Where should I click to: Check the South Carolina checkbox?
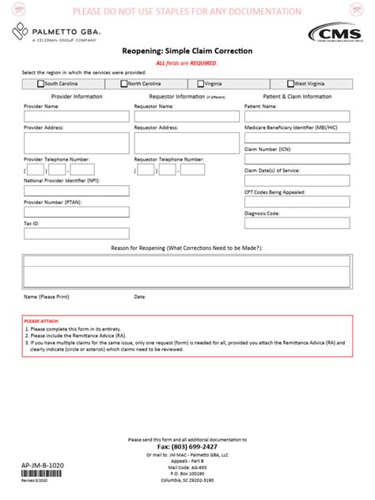40,83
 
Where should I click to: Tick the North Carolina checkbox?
124,83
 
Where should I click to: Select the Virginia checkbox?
200,83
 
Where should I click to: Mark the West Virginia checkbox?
291,83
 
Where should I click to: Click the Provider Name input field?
76,116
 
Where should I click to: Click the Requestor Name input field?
187,116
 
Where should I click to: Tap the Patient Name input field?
297,116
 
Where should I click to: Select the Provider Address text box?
76,142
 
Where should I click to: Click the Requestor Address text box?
187,142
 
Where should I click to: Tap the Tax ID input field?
76,234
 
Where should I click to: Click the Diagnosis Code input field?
297,224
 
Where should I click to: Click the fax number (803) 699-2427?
187,446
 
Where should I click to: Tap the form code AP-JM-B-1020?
41,467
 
